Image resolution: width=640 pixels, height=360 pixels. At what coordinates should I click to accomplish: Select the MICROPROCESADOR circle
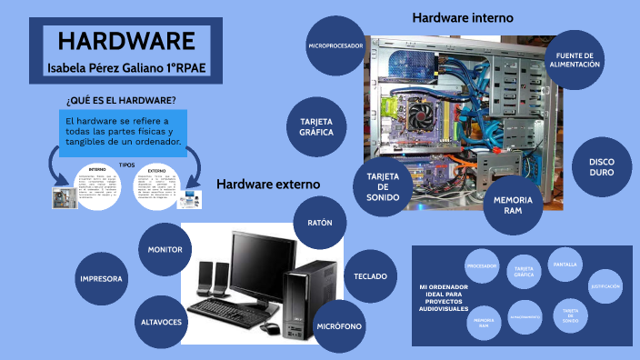click(x=335, y=45)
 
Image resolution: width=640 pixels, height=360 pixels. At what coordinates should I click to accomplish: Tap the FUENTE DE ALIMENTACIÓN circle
click(x=575, y=60)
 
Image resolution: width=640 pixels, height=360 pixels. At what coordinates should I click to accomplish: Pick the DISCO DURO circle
click(x=601, y=166)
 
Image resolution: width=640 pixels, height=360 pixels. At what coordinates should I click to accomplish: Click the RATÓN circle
click(x=320, y=223)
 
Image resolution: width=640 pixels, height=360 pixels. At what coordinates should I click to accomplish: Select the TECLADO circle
click(x=370, y=275)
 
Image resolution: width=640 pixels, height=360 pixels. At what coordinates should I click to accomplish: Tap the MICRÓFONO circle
click(x=339, y=325)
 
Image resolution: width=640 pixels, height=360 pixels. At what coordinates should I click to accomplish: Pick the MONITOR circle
click(x=165, y=249)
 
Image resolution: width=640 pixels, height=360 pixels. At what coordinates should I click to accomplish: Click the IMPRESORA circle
click(x=101, y=278)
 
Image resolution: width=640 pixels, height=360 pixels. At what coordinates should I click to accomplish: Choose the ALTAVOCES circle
click(x=160, y=323)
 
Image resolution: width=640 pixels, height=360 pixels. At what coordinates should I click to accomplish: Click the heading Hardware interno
click(x=462, y=17)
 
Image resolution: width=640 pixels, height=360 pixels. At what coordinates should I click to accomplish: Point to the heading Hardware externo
click(x=267, y=184)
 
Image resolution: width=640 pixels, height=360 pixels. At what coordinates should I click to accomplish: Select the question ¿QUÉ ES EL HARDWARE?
click(x=121, y=99)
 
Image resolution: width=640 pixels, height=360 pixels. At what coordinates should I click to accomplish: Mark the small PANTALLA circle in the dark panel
click(x=565, y=265)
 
